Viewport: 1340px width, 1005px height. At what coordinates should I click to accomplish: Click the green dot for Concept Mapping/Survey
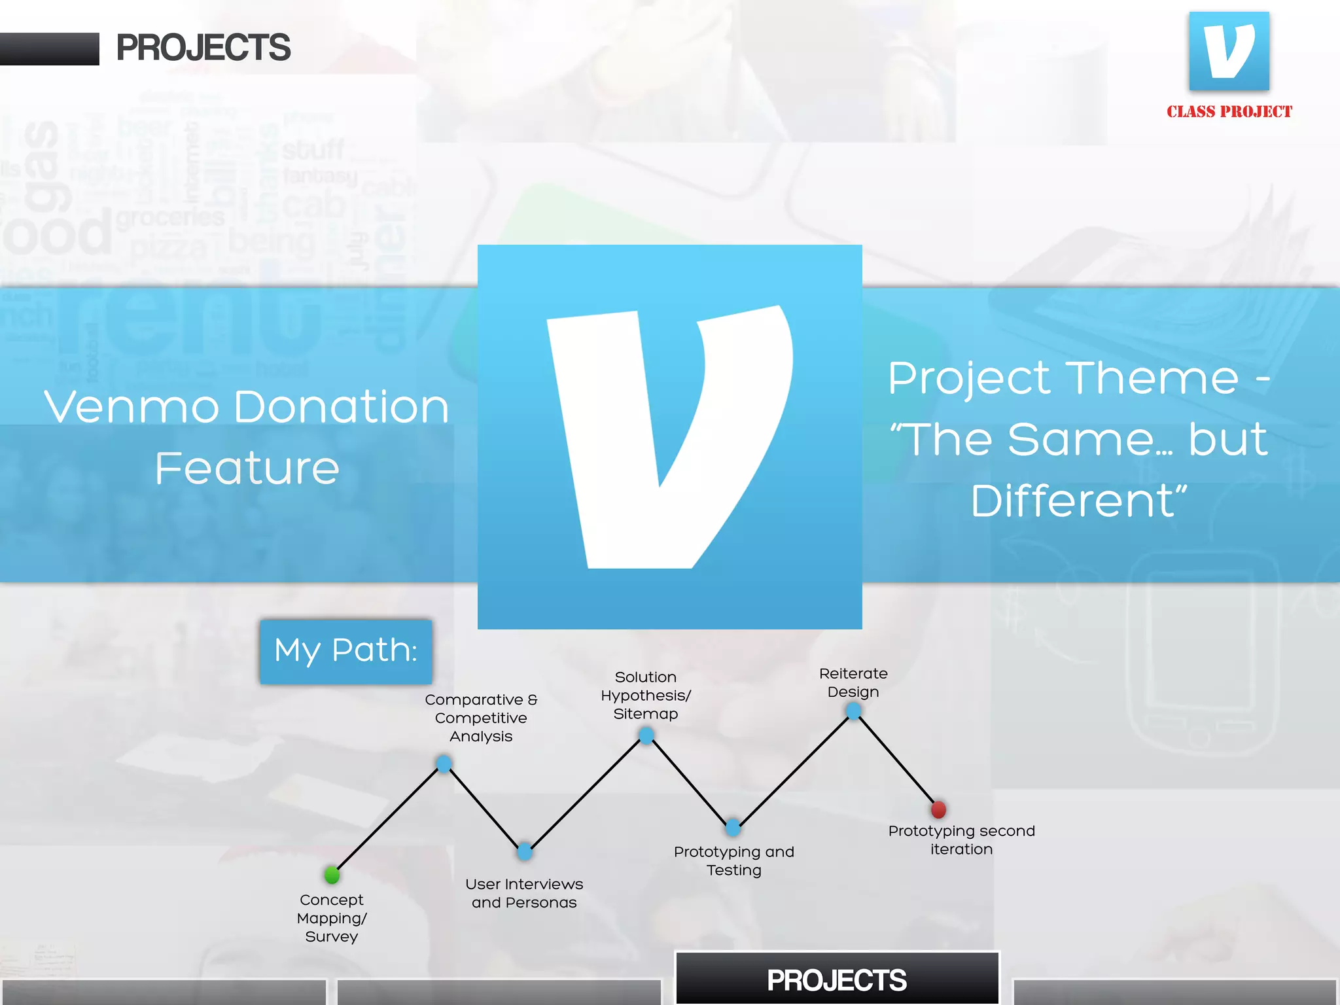[332, 875]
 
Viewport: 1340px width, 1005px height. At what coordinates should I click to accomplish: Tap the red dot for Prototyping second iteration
[938, 810]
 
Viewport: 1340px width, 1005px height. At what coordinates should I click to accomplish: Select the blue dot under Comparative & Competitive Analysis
[444, 764]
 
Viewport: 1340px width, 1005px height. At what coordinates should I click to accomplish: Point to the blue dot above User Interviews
[525, 851]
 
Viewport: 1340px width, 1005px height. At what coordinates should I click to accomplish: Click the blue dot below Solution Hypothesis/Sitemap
[646, 736]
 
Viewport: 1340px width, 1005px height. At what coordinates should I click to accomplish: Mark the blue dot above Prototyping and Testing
[733, 828]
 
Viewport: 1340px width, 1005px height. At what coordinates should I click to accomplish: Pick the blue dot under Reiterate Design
[853, 711]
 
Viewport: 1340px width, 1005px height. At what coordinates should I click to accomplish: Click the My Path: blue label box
[345, 651]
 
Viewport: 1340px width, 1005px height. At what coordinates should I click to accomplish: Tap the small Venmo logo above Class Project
[1229, 51]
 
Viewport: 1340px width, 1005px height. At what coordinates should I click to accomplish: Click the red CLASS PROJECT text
[1229, 112]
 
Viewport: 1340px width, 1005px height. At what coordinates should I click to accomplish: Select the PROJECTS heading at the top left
[203, 48]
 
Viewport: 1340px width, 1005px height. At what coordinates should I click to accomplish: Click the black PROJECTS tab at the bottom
[837, 979]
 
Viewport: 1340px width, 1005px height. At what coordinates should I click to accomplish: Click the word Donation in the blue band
[342, 407]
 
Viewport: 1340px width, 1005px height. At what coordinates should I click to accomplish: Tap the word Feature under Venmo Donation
[247, 468]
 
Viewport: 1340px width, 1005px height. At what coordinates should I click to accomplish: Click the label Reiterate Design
[853, 682]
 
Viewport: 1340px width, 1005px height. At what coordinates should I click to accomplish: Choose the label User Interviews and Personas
[524, 893]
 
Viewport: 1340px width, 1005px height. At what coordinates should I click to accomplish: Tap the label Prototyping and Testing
[734, 860]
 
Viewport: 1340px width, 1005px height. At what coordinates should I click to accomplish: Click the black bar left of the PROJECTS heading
[49, 49]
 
